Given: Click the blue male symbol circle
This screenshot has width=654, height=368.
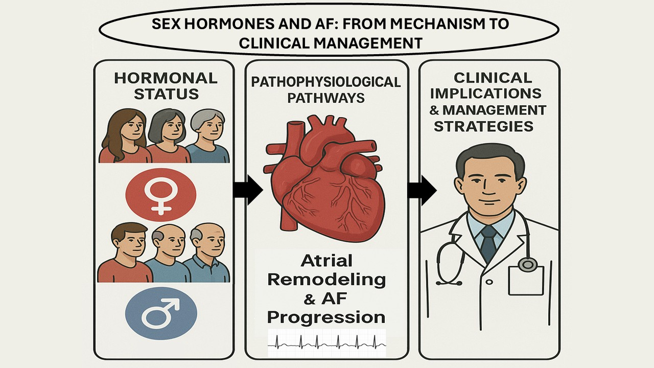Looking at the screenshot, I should tap(161, 312).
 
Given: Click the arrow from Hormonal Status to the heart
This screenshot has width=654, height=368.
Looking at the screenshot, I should tap(247, 190).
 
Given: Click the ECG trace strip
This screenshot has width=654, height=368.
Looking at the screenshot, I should tap(327, 343).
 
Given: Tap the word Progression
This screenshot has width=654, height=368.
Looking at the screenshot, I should tap(326, 317).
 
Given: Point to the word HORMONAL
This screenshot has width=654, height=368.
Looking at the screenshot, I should tap(166, 78).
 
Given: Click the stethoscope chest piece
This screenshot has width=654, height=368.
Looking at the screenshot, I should tap(528, 264).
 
